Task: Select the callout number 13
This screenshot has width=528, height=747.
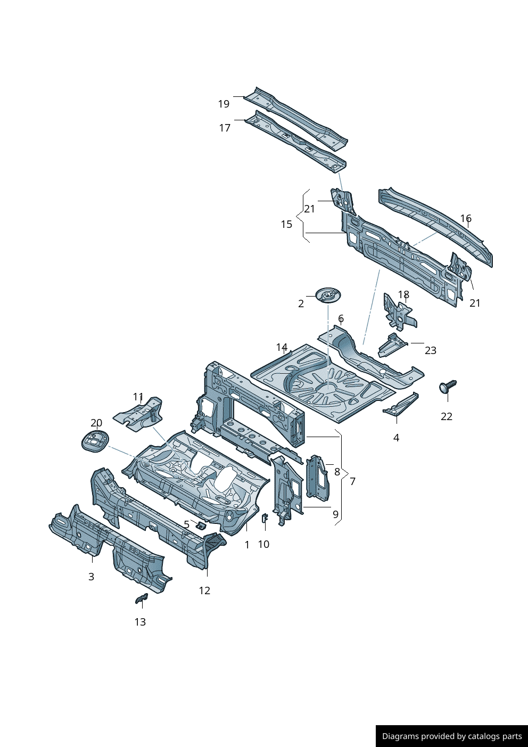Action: pyautogui.click(x=140, y=622)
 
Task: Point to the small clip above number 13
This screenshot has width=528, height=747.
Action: pyautogui.click(x=141, y=600)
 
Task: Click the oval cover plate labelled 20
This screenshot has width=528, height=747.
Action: pyautogui.click(x=95, y=442)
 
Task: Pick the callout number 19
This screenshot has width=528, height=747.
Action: pyautogui.click(x=224, y=104)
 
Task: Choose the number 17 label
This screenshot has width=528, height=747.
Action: pyautogui.click(x=225, y=128)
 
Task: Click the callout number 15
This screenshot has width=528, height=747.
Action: pyautogui.click(x=286, y=224)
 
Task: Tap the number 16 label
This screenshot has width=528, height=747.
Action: pyautogui.click(x=466, y=218)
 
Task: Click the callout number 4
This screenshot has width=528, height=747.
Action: pyautogui.click(x=396, y=438)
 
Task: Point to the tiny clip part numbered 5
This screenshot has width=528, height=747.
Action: pyautogui.click(x=201, y=526)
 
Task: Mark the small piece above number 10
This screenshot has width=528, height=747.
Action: pyautogui.click(x=265, y=518)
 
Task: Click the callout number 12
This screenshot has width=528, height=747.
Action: pyautogui.click(x=204, y=590)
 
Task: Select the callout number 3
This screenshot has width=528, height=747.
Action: pyautogui.click(x=91, y=577)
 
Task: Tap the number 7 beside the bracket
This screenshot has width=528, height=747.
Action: pyautogui.click(x=352, y=481)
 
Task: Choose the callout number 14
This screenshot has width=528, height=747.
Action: pyautogui.click(x=282, y=348)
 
